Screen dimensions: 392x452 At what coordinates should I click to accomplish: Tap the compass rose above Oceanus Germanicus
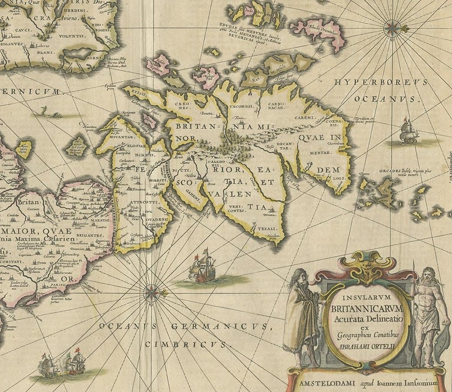point(152,290)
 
